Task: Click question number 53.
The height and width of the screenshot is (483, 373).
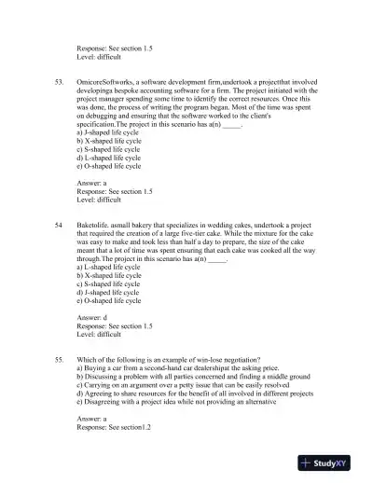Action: point(60,83)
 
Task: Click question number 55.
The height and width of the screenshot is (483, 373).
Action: point(60,359)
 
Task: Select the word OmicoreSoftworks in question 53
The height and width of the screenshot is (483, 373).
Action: point(104,83)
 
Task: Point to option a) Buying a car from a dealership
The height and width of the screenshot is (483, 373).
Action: point(168,368)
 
